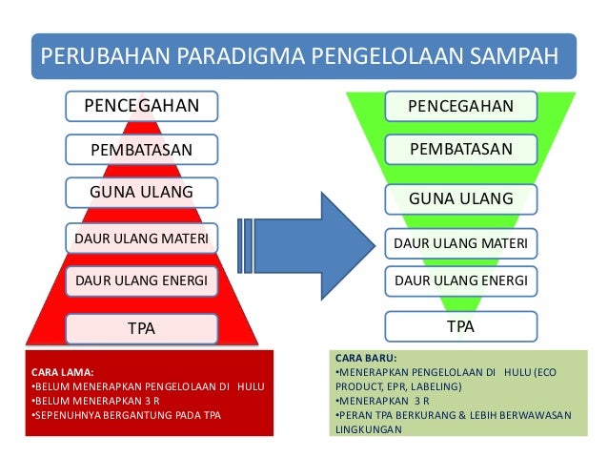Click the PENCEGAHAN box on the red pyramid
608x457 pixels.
click(142, 104)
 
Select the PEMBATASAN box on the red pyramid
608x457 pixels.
click(142, 149)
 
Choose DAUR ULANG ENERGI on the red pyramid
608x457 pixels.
click(142, 280)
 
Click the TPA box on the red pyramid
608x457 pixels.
click(142, 329)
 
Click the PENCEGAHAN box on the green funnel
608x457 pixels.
click(460, 106)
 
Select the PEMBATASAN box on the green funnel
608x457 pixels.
click(460, 150)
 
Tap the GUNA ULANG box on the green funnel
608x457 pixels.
click(460, 198)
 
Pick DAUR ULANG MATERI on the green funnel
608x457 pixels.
click(460, 245)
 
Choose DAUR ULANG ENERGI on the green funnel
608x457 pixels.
click(460, 280)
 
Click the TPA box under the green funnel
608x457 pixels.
click(460, 326)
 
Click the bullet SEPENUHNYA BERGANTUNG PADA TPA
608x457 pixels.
click(126, 415)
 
